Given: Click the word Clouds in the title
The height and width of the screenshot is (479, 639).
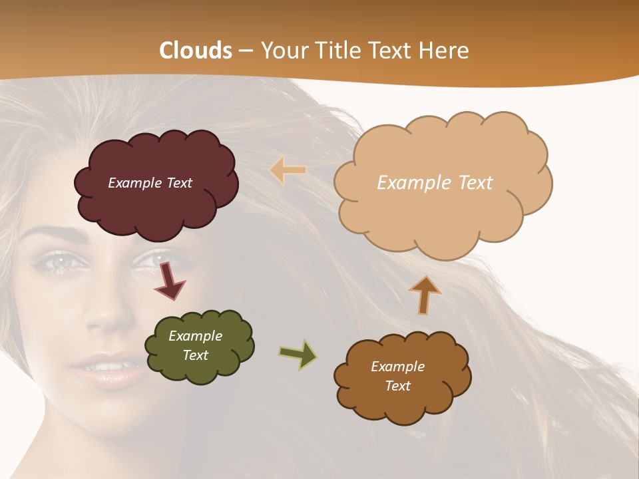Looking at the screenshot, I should tap(196, 51).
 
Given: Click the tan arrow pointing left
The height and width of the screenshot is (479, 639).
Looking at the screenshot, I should tap(288, 170).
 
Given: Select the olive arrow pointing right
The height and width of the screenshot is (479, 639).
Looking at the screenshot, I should tap(298, 355).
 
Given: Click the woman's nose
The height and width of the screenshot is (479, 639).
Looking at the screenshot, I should tap(100, 313).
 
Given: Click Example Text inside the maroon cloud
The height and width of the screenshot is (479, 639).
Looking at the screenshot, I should tap(150, 183).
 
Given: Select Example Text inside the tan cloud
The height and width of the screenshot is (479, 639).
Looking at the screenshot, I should tap(435, 183).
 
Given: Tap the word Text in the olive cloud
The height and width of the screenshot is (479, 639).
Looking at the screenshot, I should tap(196, 355).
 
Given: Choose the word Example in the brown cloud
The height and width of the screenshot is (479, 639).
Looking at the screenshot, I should tap(397, 367).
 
